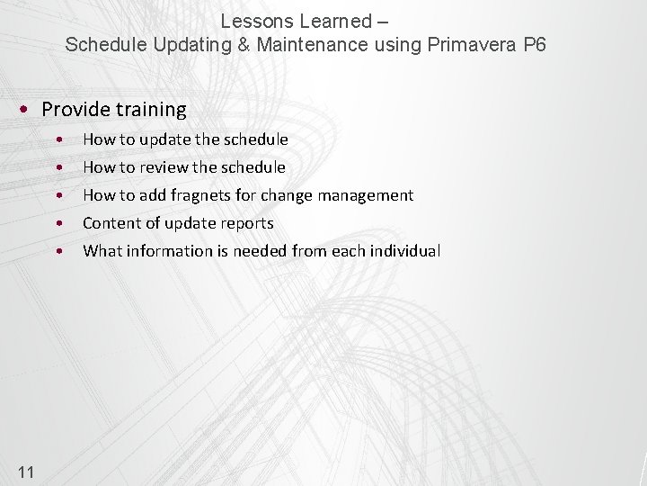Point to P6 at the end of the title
click(x=534, y=44)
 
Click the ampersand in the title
click(x=244, y=44)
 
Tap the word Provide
click(x=75, y=110)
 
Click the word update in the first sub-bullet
click(x=165, y=139)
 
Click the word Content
click(x=111, y=223)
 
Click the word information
click(x=169, y=251)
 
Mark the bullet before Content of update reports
click(x=58, y=223)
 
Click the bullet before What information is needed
click(x=58, y=251)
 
